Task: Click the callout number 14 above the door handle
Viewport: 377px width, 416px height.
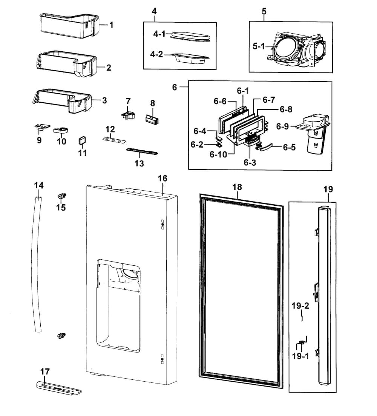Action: (x=39, y=185)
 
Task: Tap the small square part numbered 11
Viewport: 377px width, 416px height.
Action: (x=82, y=141)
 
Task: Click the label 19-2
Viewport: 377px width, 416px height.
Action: (x=300, y=306)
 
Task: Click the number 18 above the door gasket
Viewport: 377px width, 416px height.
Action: (x=238, y=187)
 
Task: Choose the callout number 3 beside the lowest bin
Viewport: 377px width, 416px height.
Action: (x=104, y=101)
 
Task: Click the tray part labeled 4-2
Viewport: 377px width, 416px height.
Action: (x=190, y=58)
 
